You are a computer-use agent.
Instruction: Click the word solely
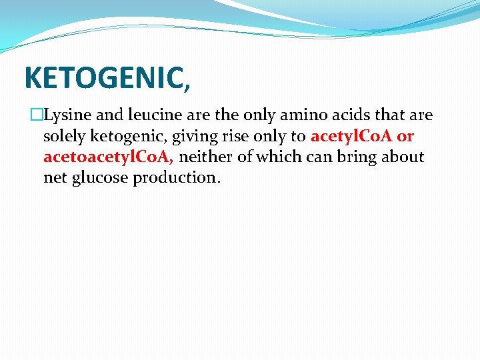tap(63, 137)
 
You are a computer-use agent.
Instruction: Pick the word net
tap(55, 179)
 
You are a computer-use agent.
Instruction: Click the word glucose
tap(99, 179)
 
